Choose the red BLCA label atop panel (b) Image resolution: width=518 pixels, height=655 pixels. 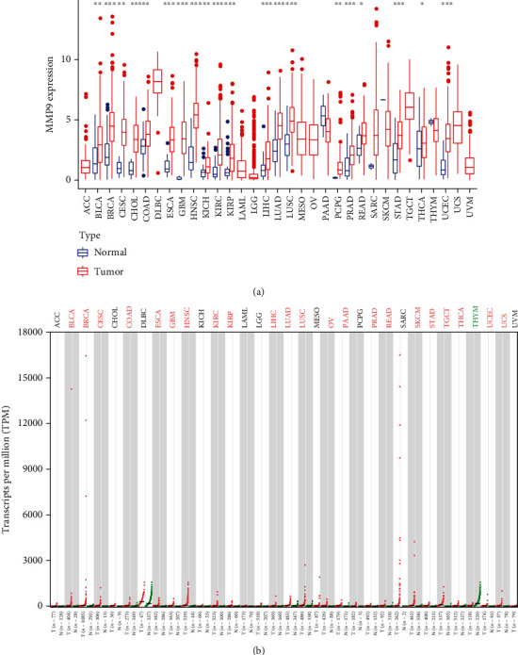tap(71, 317)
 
